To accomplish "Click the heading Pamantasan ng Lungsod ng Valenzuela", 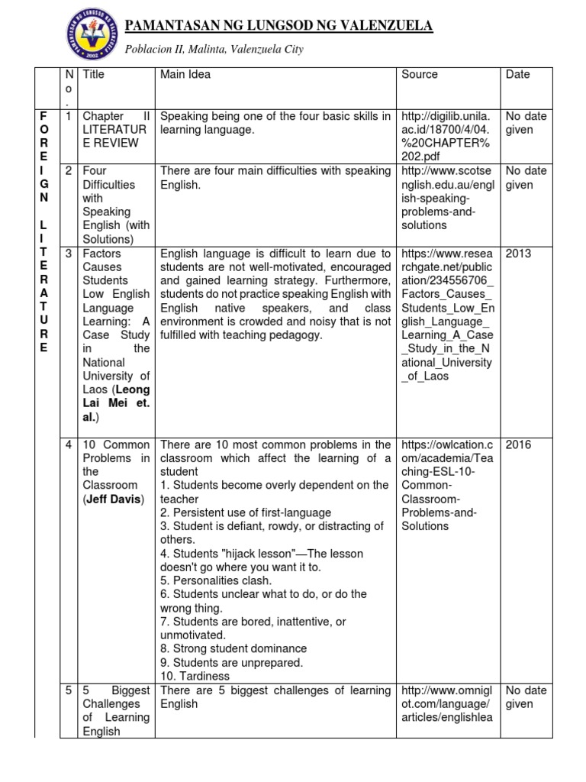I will click(279, 27).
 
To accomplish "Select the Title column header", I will click(94, 75).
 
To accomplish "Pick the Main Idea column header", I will click(185, 75).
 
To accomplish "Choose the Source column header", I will click(420, 75).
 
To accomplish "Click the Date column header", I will click(517, 75).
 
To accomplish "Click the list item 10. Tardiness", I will click(195, 677).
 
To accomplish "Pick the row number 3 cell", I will click(69, 253).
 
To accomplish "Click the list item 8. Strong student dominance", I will click(233, 649).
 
